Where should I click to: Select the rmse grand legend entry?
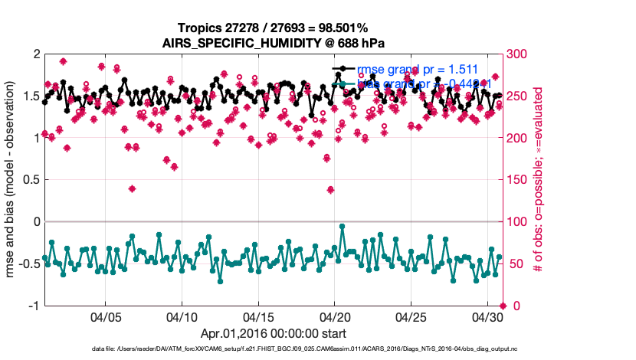(418, 70)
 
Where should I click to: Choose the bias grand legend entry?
(418, 83)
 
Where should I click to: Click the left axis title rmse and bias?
(12, 180)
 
